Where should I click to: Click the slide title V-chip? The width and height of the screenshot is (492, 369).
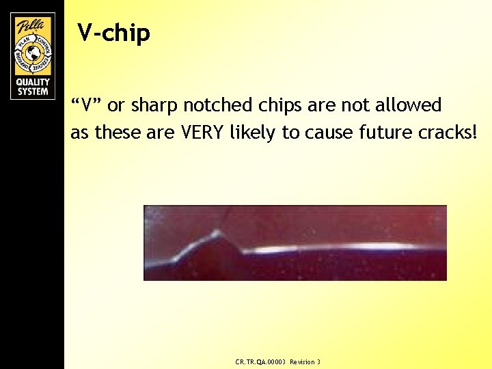click(x=113, y=32)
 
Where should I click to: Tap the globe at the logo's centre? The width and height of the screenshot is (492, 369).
click(x=32, y=53)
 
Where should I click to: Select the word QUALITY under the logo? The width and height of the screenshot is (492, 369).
click(x=32, y=83)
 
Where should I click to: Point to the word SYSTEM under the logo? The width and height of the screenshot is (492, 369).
click(x=32, y=92)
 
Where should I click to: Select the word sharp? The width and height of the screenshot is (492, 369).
click(x=154, y=106)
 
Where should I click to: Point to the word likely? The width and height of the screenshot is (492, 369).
click(x=255, y=133)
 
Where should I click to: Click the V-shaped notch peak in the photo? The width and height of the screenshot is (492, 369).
click(x=217, y=234)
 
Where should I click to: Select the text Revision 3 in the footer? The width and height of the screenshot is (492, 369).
click(x=305, y=361)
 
